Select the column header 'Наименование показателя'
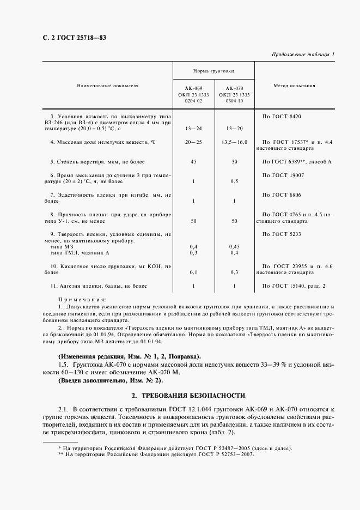(x=107, y=86)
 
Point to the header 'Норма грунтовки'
(x=214, y=71)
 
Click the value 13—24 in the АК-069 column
(x=193, y=129)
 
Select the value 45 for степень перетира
(x=193, y=162)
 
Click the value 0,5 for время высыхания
(x=234, y=181)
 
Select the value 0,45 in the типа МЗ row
(x=234, y=247)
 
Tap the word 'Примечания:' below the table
(x=82, y=300)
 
